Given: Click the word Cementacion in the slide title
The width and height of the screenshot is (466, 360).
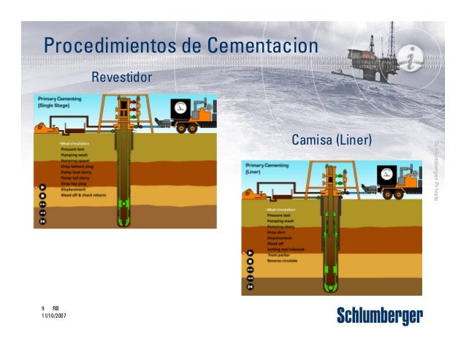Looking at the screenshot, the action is click(261, 45).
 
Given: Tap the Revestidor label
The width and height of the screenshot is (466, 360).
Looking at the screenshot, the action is click(121, 77).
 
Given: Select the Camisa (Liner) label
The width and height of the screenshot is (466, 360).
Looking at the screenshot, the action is click(332, 139).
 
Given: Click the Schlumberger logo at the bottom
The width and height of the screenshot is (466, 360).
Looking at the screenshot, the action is click(380, 316).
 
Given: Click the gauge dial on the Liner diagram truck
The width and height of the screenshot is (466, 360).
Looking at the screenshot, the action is click(385, 175).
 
